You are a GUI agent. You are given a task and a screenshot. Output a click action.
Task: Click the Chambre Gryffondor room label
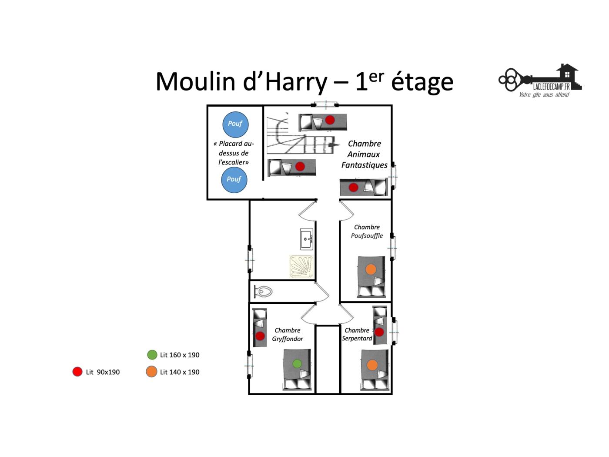[287, 334]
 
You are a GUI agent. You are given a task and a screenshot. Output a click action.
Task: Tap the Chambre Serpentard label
[357, 334]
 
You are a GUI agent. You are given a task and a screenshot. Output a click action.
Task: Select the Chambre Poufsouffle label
[367, 232]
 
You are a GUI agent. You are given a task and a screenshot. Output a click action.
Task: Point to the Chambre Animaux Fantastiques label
[364, 154]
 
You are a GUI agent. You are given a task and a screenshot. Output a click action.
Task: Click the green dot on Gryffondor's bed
[297, 363]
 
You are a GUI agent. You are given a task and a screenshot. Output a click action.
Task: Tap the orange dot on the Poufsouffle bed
[371, 269]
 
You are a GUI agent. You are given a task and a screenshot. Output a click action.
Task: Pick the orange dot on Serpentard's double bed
[372, 365]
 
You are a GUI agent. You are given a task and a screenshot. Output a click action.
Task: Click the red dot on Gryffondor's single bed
[260, 336]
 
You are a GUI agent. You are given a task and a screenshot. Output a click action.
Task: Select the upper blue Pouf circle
[235, 124]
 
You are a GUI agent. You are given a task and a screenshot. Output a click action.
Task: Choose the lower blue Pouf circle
[234, 180]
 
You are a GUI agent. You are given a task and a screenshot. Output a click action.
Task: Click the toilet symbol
[263, 291]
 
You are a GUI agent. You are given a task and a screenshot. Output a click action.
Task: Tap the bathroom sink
[307, 239]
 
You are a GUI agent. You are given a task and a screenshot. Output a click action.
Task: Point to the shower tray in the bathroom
[301, 266]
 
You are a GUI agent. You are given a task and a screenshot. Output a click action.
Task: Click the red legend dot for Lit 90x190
[77, 372]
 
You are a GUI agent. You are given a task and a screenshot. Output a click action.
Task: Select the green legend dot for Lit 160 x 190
[152, 355]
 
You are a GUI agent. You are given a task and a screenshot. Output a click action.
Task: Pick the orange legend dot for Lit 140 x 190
[151, 372]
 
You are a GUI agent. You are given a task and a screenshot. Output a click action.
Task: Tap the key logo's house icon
[569, 76]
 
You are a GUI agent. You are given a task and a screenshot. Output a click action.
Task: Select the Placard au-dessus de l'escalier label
[234, 153]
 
